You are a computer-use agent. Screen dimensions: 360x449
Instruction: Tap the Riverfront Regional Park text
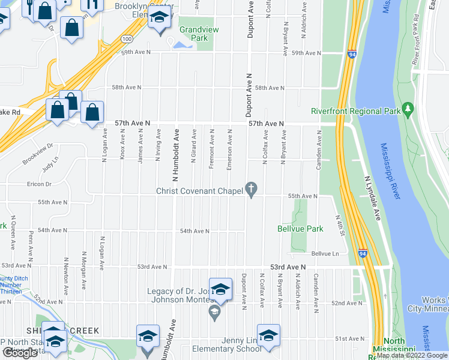[x=355, y=111]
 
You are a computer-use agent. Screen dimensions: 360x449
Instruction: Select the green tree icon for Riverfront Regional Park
[x=409, y=109]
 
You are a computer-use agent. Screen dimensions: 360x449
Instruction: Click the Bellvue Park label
[x=300, y=229]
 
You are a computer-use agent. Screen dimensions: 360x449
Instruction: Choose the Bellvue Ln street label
[x=324, y=253]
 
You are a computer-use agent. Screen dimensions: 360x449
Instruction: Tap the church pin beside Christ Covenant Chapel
[x=252, y=189]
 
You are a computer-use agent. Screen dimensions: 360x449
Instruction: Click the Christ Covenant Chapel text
[x=198, y=191]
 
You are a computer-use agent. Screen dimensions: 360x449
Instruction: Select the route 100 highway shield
[x=125, y=39]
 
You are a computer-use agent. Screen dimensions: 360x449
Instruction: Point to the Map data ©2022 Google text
[x=412, y=356]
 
